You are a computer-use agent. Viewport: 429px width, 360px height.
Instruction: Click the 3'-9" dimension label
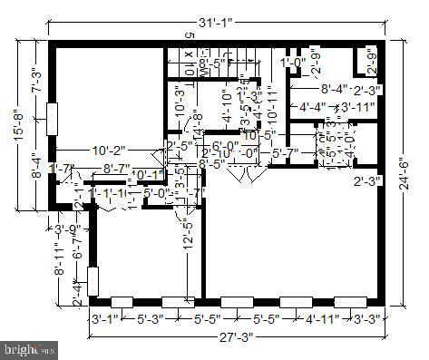[68, 229]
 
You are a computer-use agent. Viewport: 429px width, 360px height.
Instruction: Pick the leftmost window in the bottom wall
[121, 301]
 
